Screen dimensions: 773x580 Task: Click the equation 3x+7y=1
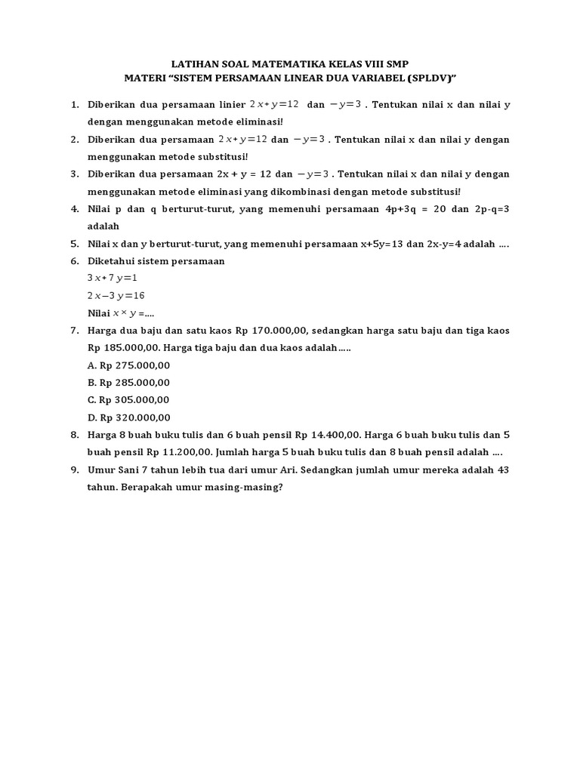pos(113,278)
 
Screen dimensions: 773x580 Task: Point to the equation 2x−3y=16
pos(116,295)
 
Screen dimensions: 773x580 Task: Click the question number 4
pos(75,208)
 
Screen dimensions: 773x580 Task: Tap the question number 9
pos(75,470)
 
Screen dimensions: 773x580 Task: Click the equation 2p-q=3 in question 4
pos(489,208)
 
